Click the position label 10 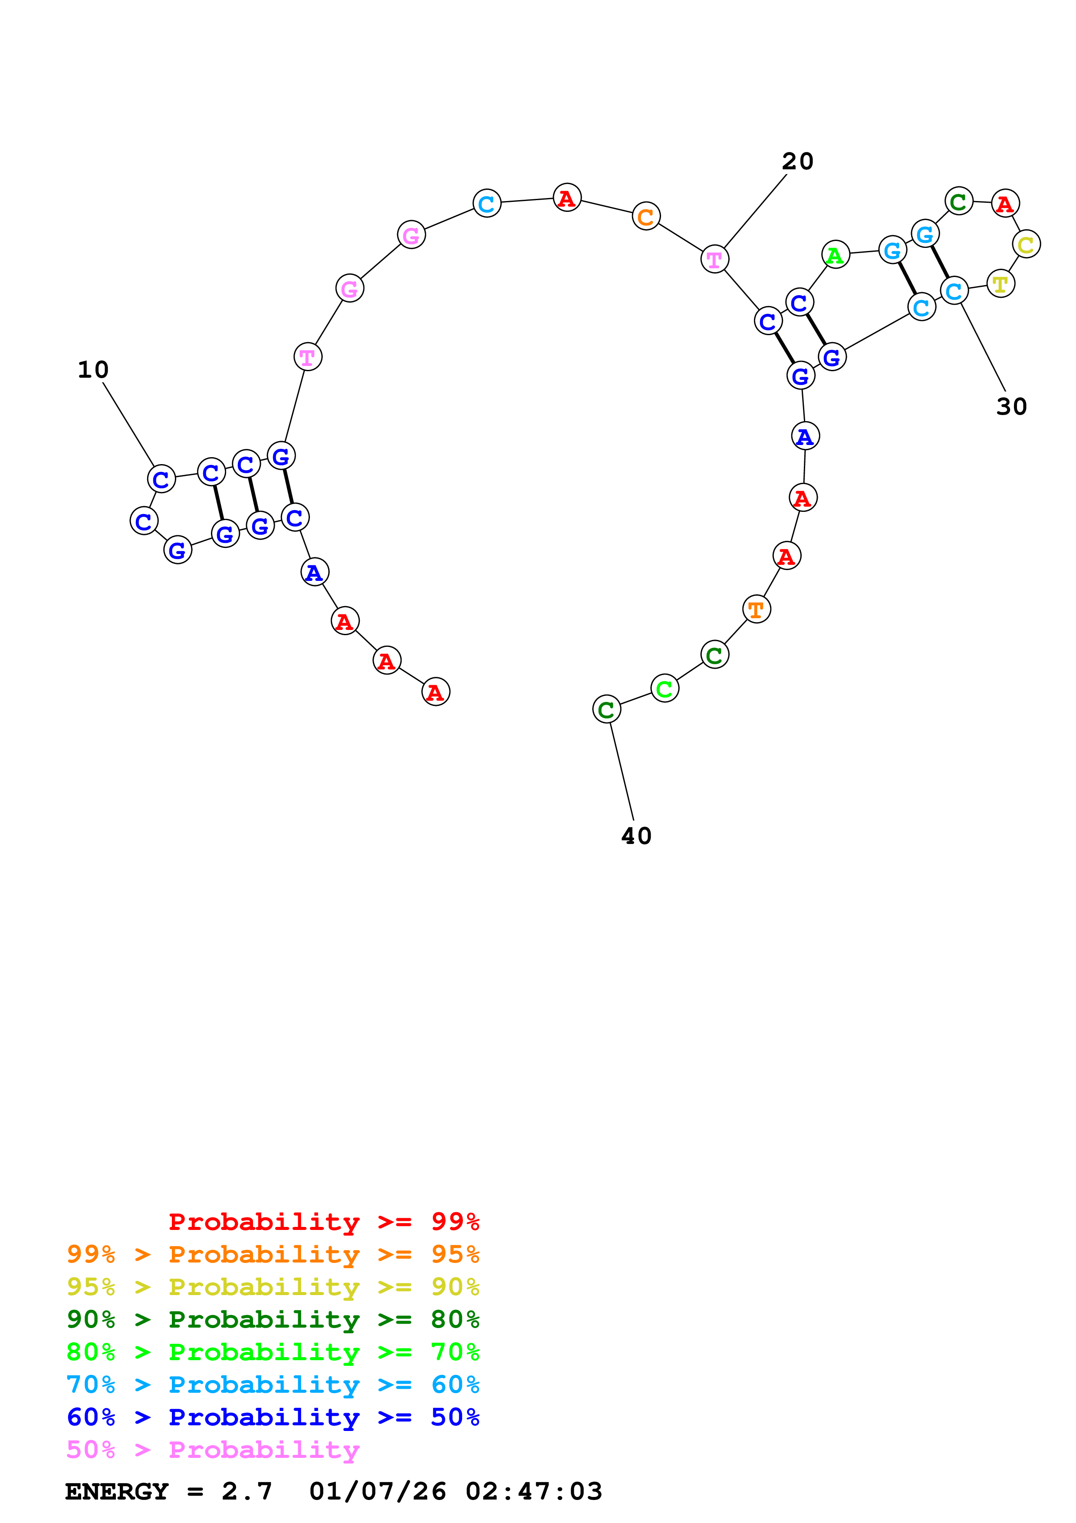(x=93, y=369)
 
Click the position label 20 (x=797, y=161)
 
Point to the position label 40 (x=636, y=836)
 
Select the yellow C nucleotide (x=1026, y=245)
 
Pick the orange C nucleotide (x=646, y=216)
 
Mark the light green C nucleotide (x=664, y=689)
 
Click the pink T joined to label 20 (x=714, y=259)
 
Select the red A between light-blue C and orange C (x=567, y=198)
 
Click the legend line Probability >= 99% (x=323, y=1221)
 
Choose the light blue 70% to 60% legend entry (x=273, y=1385)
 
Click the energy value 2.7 (x=247, y=1491)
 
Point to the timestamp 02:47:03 (x=534, y=1491)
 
